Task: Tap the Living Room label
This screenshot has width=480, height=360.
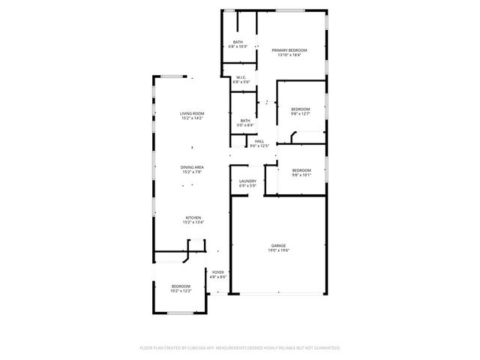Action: tap(192, 113)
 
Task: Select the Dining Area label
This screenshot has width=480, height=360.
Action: tap(192, 166)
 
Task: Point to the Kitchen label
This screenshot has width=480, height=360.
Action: tap(192, 217)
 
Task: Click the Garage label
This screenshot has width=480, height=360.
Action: tap(279, 245)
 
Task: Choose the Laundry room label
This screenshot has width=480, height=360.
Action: tap(248, 181)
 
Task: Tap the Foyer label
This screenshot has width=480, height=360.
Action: tap(218, 272)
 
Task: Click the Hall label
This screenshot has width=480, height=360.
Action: tap(259, 141)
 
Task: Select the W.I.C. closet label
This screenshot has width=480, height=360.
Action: tap(241, 77)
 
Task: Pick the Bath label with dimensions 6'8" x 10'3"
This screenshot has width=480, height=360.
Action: tap(238, 42)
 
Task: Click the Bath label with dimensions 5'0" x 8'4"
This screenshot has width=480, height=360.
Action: tap(245, 120)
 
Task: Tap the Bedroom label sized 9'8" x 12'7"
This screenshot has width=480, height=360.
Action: tap(300, 109)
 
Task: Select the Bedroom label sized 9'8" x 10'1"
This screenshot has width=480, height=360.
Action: tap(301, 170)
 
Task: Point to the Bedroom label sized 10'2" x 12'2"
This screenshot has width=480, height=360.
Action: tap(181, 286)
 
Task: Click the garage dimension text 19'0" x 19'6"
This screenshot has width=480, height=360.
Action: tap(279, 250)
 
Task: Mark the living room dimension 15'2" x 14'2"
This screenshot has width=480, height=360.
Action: tap(192, 118)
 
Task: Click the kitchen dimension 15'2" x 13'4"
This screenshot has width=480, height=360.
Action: tap(192, 223)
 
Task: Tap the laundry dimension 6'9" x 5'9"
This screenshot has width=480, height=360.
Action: tap(248, 186)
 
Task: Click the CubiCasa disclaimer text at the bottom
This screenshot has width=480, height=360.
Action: tap(240, 348)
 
